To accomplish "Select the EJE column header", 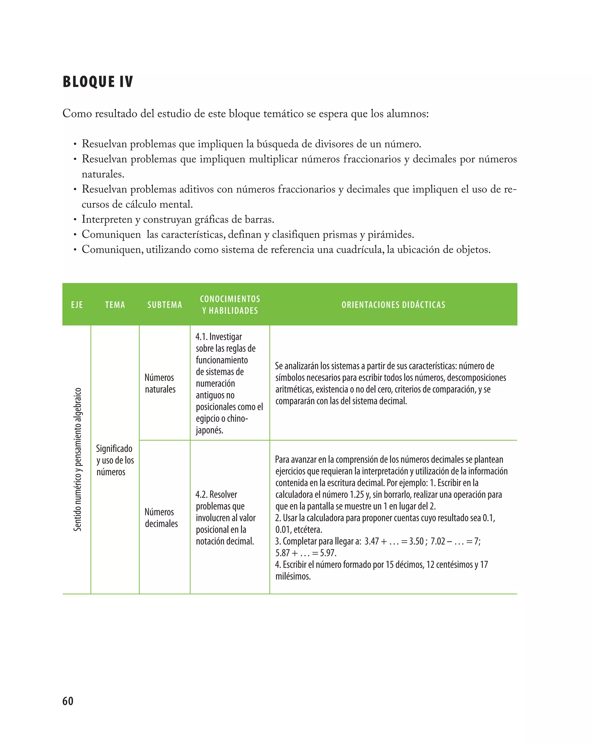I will (77, 305).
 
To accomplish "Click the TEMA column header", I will (115, 305).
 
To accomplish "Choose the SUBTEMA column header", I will (165, 305).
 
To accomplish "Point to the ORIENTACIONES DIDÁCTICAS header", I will (393, 305).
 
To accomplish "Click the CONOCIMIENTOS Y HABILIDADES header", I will (230, 305).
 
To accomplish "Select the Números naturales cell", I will (160, 383).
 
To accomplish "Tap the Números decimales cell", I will (161, 518).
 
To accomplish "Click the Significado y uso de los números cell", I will (115, 460).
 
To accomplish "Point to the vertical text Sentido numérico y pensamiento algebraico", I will (77, 459).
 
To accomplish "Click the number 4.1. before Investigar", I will (202, 337).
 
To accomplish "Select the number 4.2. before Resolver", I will (202, 495).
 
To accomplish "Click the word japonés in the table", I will (209, 430).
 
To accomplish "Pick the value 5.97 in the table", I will (327, 553).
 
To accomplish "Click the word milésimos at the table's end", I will (293, 576).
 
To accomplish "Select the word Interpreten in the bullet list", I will (107, 219).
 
